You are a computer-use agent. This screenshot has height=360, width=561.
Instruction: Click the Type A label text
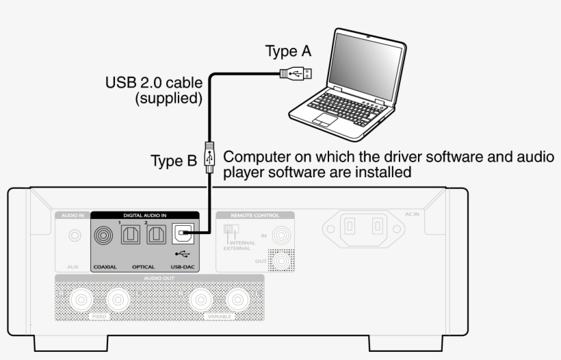tap(288, 51)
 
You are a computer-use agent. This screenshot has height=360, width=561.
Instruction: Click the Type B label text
tap(173, 162)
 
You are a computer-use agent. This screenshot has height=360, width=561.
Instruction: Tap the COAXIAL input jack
tap(106, 236)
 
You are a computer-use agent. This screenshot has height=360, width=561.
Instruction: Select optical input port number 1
tap(131, 236)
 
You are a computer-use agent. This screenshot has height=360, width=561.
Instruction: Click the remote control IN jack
tap(279, 237)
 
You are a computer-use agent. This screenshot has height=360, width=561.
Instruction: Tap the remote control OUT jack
tap(279, 260)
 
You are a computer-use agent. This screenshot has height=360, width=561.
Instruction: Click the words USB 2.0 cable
tap(153, 83)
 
